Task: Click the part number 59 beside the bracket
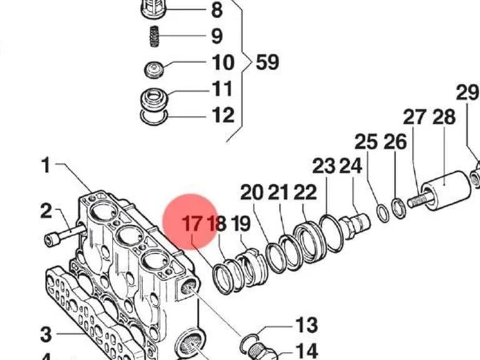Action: coord(267,62)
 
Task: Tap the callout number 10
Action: coord(223,62)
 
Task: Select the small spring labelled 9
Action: coord(155,36)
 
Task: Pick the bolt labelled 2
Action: coord(65,234)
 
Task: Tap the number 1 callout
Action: coord(46,165)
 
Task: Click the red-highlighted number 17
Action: coord(192,224)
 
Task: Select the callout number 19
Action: coord(240,224)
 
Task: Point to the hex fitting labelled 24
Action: coord(354,226)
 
